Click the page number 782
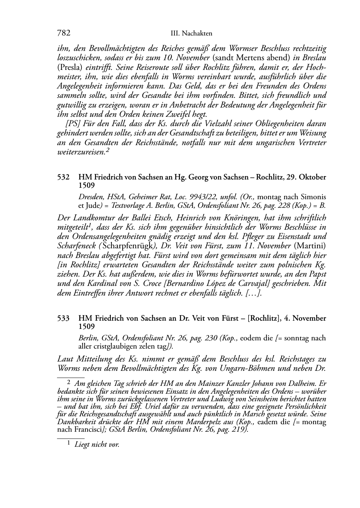click(x=63, y=33)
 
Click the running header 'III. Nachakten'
click(x=191, y=34)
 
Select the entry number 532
click(x=63, y=177)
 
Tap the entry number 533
click(x=63, y=318)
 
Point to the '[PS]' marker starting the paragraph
click(x=73, y=124)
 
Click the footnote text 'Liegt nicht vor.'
click(x=96, y=445)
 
